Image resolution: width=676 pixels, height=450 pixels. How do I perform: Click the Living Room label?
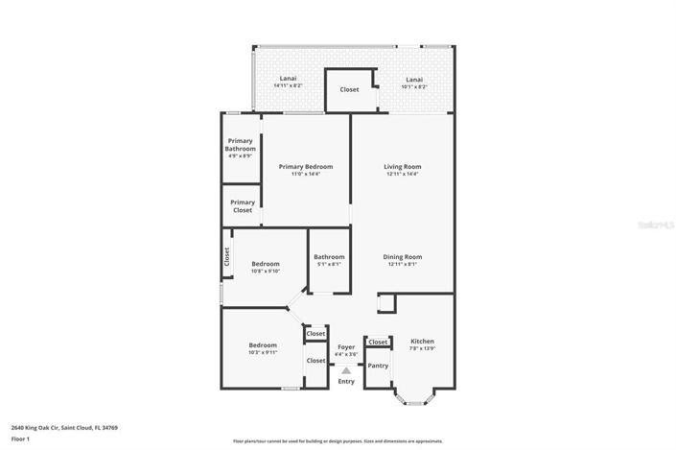tap(403, 167)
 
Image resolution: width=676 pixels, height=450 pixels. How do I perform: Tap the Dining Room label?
tap(403, 256)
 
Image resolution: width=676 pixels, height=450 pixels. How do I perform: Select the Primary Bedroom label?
tap(306, 167)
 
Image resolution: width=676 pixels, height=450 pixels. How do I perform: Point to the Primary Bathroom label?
tap(241, 145)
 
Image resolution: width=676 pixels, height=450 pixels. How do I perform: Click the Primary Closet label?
tap(243, 206)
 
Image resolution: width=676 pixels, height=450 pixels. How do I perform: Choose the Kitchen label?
tap(422, 342)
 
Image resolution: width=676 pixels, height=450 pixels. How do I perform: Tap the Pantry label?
tap(378, 366)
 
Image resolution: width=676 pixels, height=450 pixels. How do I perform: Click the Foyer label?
tap(346, 346)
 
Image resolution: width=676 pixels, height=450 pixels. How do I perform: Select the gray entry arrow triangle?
tap(346, 369)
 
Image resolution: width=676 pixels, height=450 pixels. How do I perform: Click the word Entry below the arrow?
tap(346, 382)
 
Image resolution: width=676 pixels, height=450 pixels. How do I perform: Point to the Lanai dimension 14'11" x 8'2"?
tap(288, 86)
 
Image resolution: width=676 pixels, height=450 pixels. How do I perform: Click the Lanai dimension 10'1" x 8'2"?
tap(413, 86)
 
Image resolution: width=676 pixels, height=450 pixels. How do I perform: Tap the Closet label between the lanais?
tap(349, 89)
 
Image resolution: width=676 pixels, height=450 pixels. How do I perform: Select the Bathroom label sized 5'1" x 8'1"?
tap(329, 256)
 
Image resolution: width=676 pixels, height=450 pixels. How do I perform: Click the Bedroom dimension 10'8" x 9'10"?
tap(266, 272)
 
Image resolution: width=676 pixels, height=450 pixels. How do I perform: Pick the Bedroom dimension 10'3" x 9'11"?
tap(263, 352)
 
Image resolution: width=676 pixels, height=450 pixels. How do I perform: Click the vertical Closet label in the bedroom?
tap(227, 256)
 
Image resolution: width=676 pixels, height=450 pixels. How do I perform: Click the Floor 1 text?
tap(21, 438)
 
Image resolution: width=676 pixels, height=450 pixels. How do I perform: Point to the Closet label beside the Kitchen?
tap(378, 342)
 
